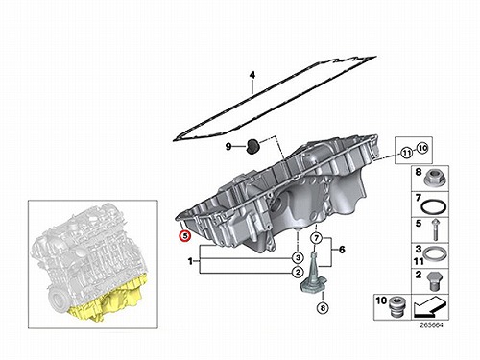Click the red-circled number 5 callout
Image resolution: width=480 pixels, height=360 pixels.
(185, 236)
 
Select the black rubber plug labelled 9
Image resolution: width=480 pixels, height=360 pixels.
(253, 147)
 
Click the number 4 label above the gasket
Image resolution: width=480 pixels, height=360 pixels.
(252, 75)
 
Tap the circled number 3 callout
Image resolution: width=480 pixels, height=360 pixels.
(298, 257)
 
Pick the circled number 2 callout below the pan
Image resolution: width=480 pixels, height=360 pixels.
(298, 273)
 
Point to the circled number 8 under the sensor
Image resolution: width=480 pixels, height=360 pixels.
(323, 308)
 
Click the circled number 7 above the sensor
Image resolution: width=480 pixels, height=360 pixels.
(316, 238)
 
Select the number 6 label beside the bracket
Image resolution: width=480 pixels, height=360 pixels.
(342, 250)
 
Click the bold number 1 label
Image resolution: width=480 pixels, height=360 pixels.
(191, 262)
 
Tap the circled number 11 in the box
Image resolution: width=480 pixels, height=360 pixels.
(407, 153)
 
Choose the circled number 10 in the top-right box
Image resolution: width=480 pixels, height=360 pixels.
(422, 148)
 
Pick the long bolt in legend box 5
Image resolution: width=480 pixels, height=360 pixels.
(435, 230)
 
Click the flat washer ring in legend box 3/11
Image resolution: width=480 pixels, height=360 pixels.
(434, 254)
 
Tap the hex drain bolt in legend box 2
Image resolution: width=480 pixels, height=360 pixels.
(433, 281)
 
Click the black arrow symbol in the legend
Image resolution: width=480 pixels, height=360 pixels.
(430, 306)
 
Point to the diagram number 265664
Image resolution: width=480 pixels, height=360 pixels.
(431, 325)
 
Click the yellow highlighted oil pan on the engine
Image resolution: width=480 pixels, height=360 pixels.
(108, 300)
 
